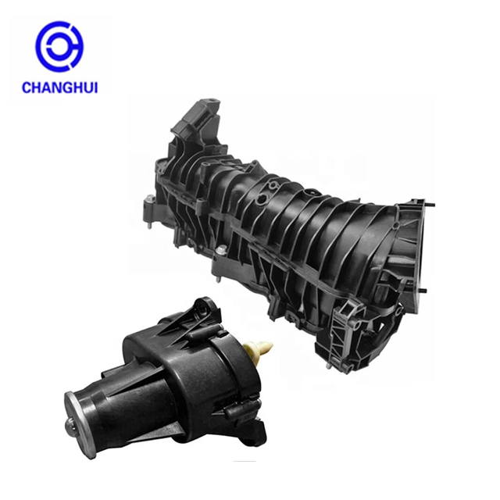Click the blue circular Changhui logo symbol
tap(59, 46)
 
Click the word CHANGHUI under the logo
tap(59, 87)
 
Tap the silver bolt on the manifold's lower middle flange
tap(220, 251)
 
